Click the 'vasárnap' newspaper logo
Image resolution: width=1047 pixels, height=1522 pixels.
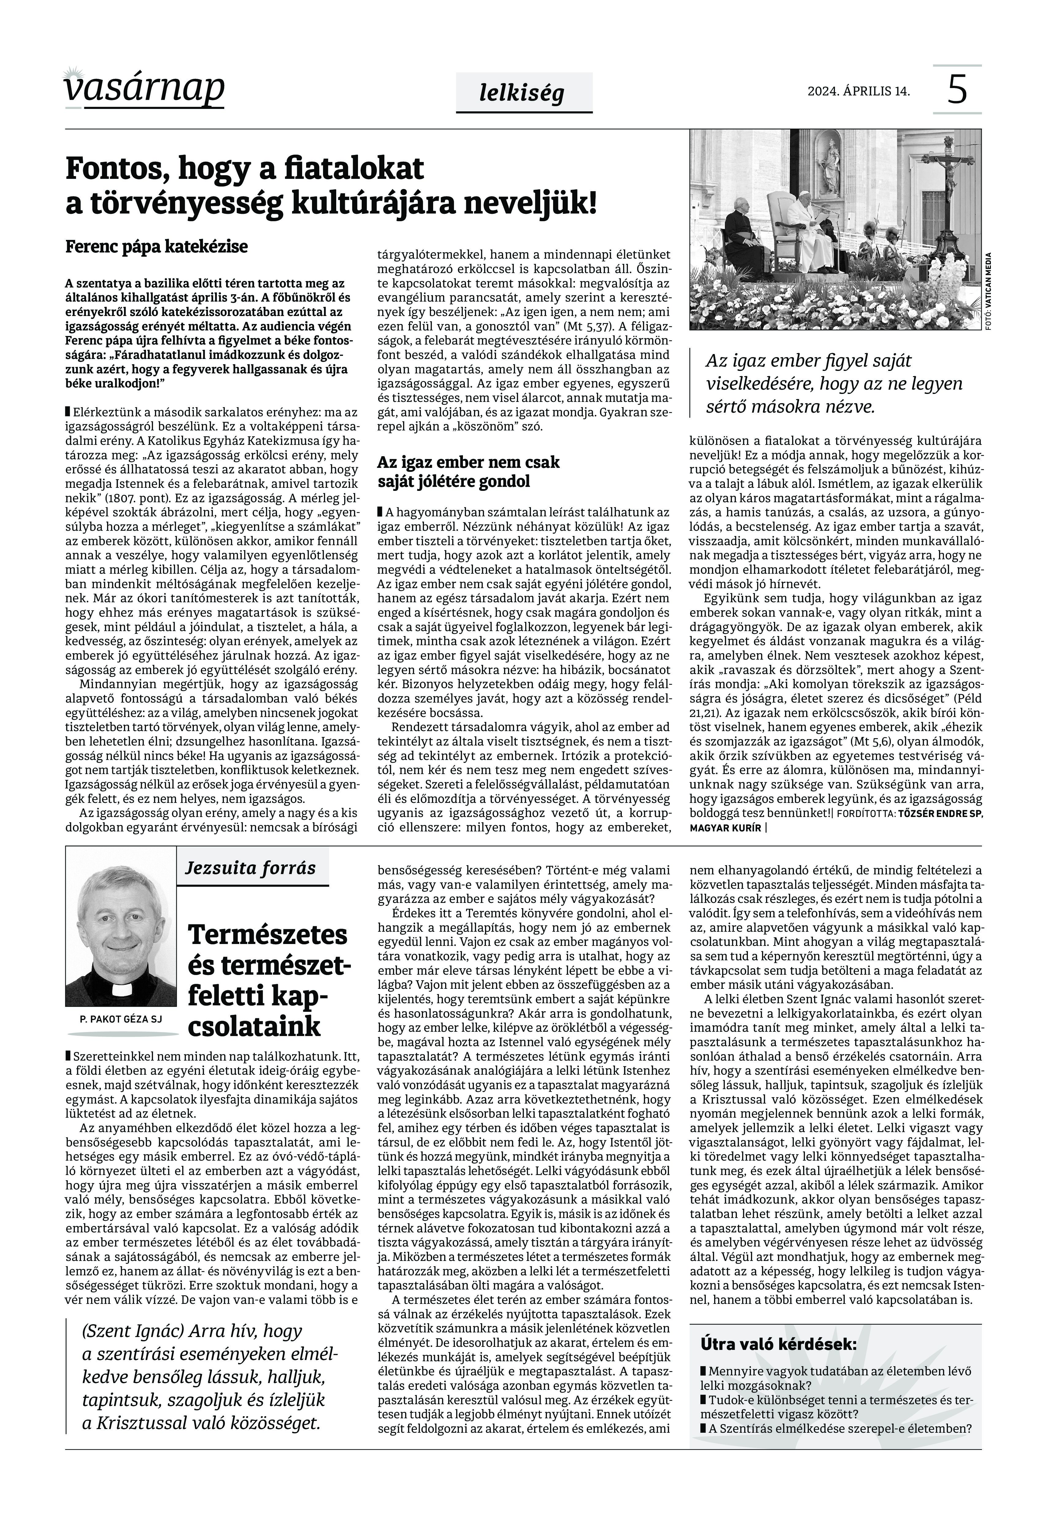click(144, 87)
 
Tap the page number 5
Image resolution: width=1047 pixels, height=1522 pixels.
click(957, 90)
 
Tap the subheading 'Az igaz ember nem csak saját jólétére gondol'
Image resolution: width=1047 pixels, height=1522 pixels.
click(468, 472)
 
